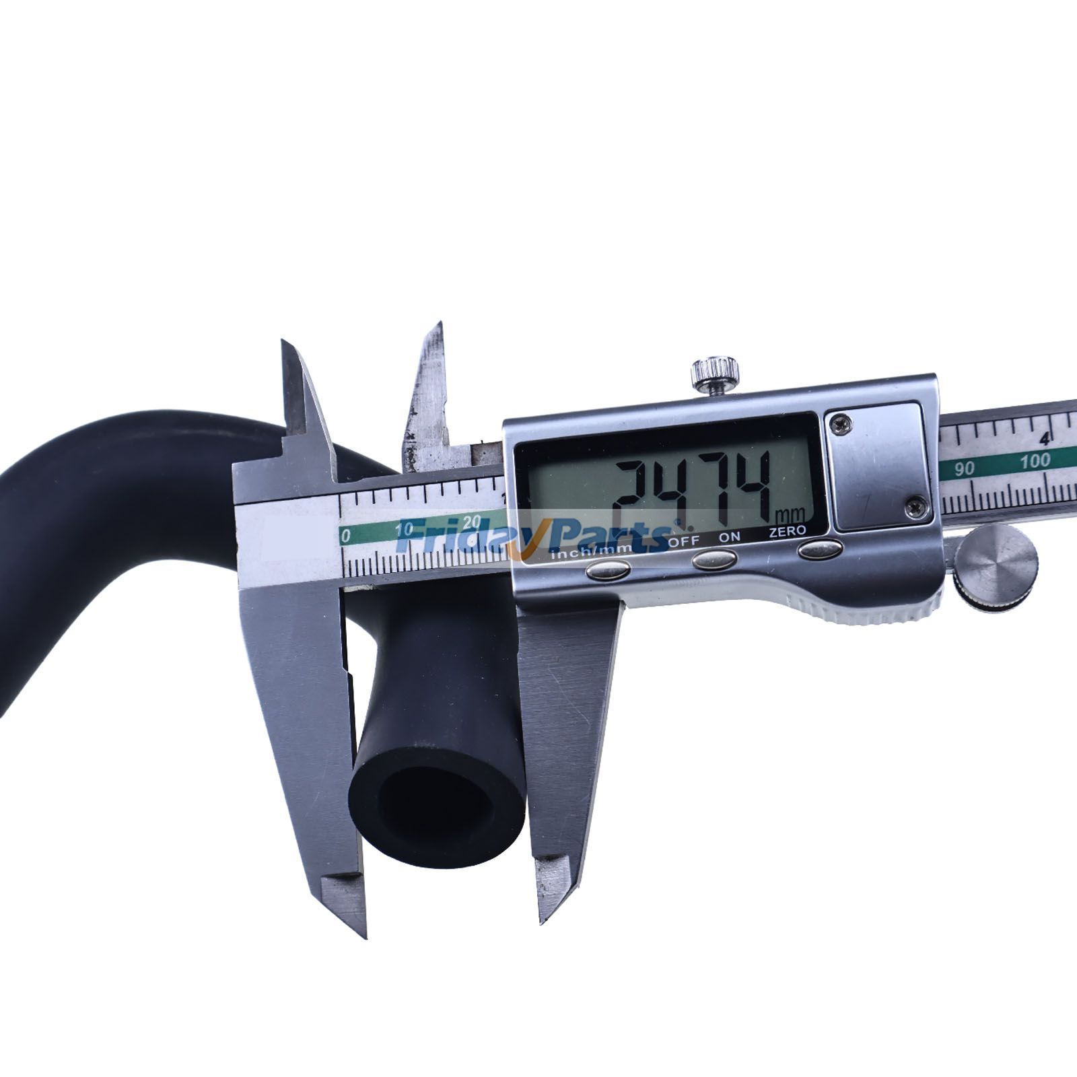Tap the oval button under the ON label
pos(714,559)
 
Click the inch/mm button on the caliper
pos(608,570)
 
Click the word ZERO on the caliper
pos(788,531)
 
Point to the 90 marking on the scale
pos(965,468)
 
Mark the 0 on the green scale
pos(346,536)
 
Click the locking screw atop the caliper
pos(715,372)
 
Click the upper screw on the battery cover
pos(841,423)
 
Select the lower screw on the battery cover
pos(915,507)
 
